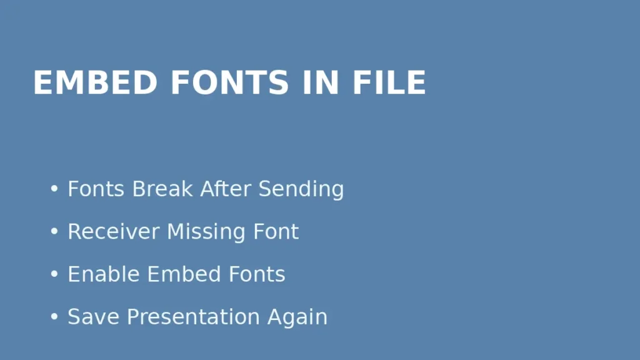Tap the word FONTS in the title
coord(229,82)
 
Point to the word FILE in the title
coord(389,82)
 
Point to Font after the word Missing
coord(276,232)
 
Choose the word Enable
coord(104,274)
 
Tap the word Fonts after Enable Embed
coord(257,274)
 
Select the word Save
coord(94,317)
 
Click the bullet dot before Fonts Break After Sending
coord(54,189)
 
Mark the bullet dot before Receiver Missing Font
coord(54,232)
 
